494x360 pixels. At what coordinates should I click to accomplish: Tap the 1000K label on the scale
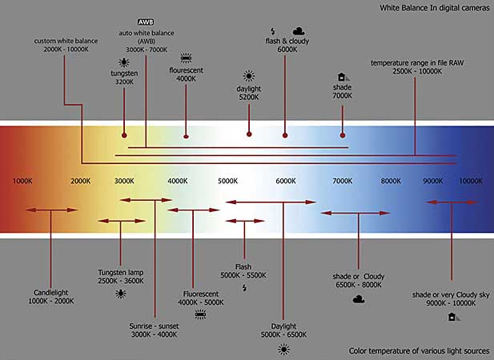coord(23,182)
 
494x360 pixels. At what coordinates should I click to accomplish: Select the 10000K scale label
coord(470,182)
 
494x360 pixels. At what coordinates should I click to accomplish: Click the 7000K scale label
coord(342,182)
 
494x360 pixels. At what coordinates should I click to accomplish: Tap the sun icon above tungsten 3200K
coord(123,62)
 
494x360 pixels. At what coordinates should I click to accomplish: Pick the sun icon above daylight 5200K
coord(249,76)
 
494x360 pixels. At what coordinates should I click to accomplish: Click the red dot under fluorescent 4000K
coord(186,134)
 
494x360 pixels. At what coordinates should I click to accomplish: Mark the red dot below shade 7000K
coord(342,134)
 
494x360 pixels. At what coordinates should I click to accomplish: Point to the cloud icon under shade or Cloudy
coord(359,300)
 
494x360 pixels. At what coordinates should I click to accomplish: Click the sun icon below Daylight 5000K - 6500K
coord(283,349)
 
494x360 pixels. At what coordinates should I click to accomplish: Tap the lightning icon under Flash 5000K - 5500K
coord(243,287)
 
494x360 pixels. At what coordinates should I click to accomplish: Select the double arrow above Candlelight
coord(51,210)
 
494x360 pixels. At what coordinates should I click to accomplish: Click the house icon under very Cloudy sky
coord(452,317)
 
